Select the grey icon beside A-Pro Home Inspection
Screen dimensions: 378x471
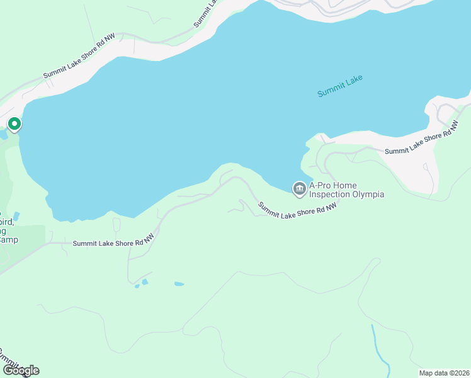[300, 188]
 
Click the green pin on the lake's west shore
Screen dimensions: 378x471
[13, 124]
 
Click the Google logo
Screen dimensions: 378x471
[20, 370]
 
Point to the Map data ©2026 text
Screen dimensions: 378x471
[445, 372]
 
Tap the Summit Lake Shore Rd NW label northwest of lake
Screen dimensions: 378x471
[79, 57]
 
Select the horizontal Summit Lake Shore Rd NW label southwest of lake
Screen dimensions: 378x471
[113, 243]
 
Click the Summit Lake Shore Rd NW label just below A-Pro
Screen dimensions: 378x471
[293, 209]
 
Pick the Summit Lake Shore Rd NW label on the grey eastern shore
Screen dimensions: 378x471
[420, 142]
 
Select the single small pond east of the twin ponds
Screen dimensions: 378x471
[179, 284]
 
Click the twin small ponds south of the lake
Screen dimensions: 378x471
[142, 283]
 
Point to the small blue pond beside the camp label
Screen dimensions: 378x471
[16, 216]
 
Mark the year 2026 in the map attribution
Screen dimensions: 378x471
[460, 372]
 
